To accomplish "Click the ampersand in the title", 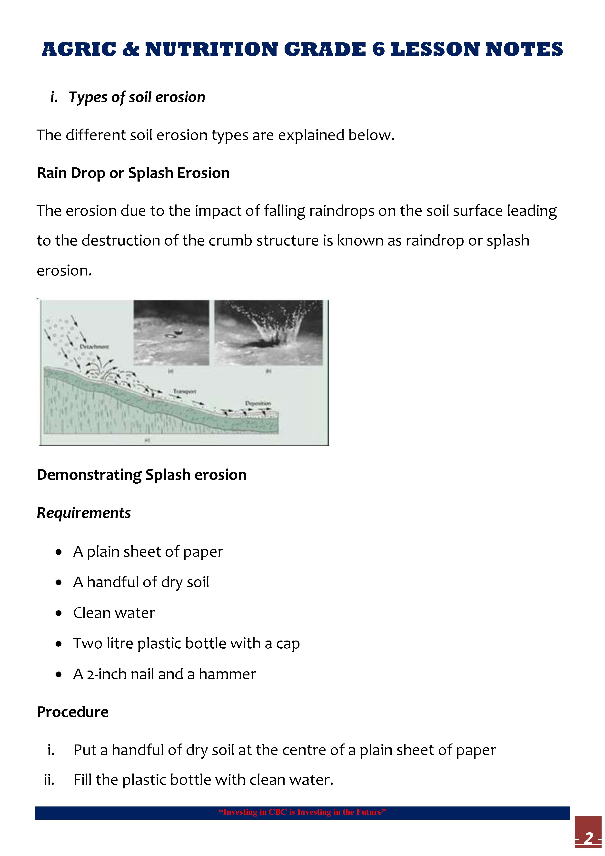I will pyautogui.click(x=130, y=50).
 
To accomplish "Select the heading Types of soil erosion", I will pyautogui.click(x=137, y=97).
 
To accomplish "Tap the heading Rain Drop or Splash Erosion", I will pyautogui.click(x=133, y=173).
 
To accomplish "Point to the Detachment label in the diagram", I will pyautogui.click(x=94, y=347).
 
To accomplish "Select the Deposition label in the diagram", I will pyautogui.click(x=258, y=403).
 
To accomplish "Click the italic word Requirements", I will pyautogui.click(x=84, y=513).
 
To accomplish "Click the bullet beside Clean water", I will pyautogui.click(x=59, y=613).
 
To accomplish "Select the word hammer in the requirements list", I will pyautogui.click(x=227, y=674).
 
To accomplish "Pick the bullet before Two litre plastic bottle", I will pyautogui.click(x=59, y=644).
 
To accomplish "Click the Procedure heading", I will pyautogui.click(x=73, y=712).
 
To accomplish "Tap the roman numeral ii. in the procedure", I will pyautogui.click(x=49, y=780).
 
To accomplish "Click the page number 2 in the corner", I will pyautogui.click(x=589, y=838).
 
